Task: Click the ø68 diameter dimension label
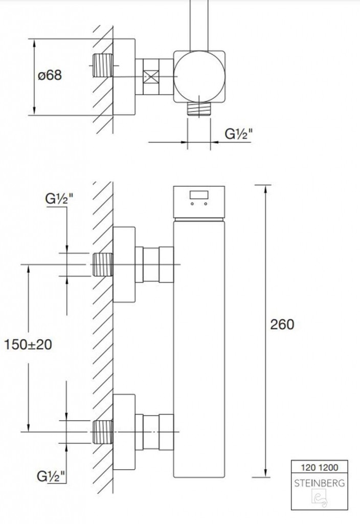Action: coord(50,75)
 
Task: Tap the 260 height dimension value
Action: coord(282,324)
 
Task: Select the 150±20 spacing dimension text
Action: coord(28,344)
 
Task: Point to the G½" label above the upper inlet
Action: coord(59,199)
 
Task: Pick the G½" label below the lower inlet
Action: coord(51,476)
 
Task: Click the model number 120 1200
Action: coord(320,467)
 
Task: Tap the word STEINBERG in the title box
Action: coord(319,483)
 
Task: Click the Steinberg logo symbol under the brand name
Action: coord(319,498)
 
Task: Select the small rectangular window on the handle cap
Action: coord(199,195)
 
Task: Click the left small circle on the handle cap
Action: coord(192,204)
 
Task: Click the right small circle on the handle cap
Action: coord(206,204)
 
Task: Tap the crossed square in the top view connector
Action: coord(151,77)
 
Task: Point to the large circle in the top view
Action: coord(199,76)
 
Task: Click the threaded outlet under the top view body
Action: coord(199,109)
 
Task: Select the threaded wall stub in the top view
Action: coord(102,65)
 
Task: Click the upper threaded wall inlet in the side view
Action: coord(102,265)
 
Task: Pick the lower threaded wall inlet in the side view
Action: coord(102,432)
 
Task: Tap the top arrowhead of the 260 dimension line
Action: coord(265,189)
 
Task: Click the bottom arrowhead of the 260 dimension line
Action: coord(265,472)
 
